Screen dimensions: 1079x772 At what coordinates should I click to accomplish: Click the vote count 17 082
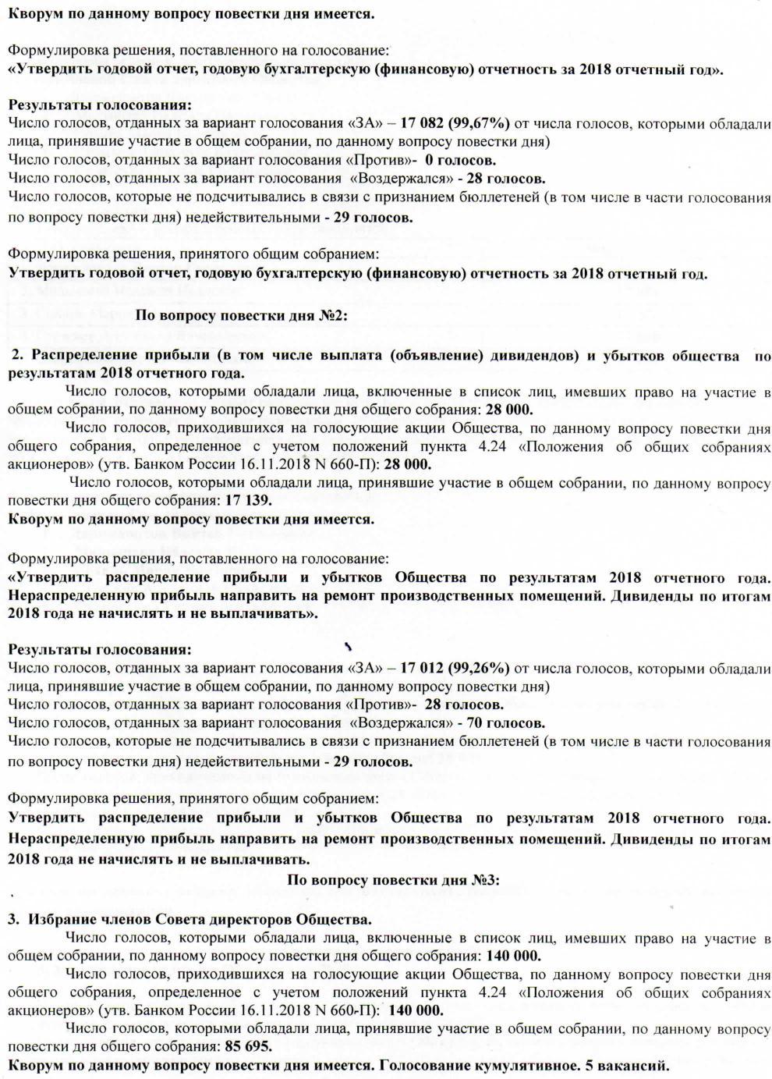pyautogui.click(x=429, y=122)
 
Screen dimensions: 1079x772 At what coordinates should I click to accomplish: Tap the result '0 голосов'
pyautogui.click(x=462, y=160)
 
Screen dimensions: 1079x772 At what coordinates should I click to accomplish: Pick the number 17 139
pyautogui.click(x=248, y=500)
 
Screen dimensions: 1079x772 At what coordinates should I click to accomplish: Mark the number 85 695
pyautogui.click(x=248, y=1046)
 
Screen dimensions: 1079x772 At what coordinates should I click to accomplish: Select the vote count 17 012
pyautogui.click(x=429, y=668)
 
